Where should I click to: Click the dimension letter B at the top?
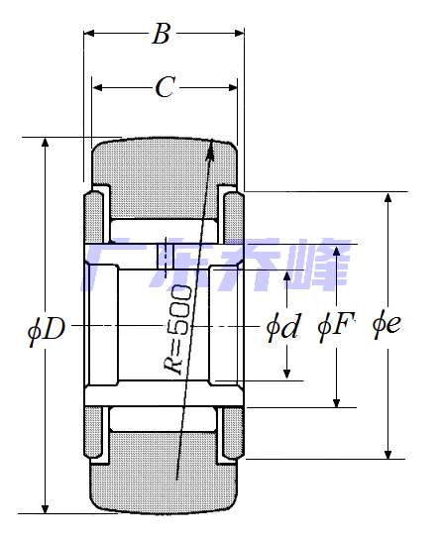click(x=162, y=34)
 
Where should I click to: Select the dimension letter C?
click(x=165, y=87)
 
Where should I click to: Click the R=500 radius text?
click(x=177, y=329)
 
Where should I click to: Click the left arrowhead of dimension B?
click(x=89, y=33)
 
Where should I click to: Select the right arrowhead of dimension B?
click(x=239, y=33)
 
